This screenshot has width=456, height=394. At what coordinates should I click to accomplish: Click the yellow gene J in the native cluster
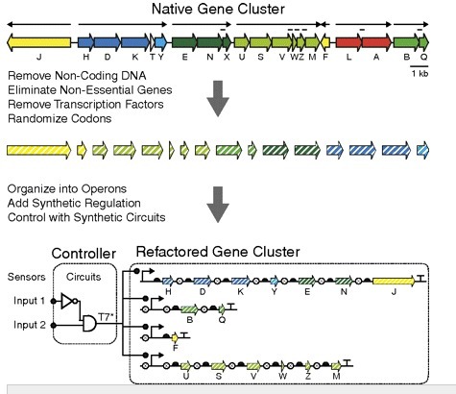coord(38,43)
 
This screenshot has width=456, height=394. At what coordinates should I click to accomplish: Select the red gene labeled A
coord(376,43)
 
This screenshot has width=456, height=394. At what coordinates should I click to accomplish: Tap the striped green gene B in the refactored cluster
coord(189,309)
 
